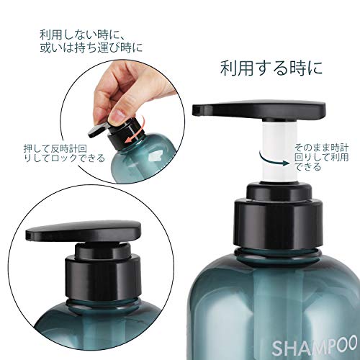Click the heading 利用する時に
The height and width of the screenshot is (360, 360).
point(271,68)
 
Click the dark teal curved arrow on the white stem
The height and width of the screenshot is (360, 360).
point(274,161)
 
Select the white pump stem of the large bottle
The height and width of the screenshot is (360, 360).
point(279,150)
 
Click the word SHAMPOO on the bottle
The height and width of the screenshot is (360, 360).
point(315,346)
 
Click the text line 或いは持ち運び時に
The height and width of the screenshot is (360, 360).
point(91,48)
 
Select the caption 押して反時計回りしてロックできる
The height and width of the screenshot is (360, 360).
point(64,153)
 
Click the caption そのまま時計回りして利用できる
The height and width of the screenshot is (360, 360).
point(322,157)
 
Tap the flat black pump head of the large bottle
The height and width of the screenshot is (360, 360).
point(259,110)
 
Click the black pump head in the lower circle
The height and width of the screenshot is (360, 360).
point(83,230)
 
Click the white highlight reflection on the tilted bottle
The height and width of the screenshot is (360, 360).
point(155,157)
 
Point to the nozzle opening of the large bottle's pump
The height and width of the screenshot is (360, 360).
point(197,110)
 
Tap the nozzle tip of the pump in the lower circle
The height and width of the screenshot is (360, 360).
point(29,236)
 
